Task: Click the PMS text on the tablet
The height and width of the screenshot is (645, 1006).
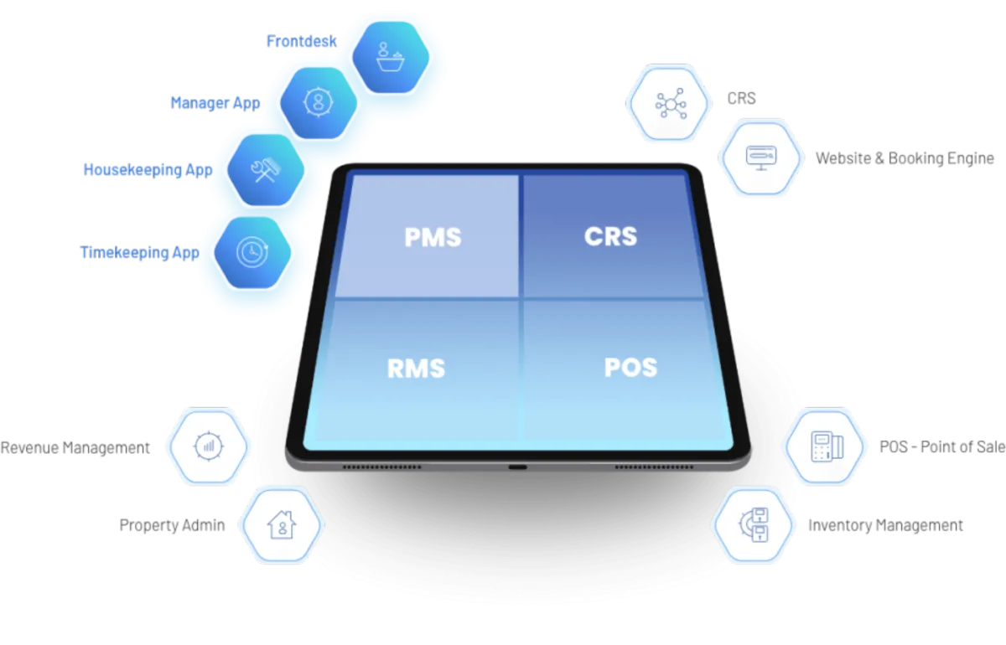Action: point(433,237)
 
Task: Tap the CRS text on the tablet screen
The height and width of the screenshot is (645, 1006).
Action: point(610,236)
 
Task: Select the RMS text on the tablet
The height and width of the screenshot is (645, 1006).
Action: point(416,369)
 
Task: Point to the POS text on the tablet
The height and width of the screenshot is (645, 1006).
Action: point(630,367)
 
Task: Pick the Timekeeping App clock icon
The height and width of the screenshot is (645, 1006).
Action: point(249,251)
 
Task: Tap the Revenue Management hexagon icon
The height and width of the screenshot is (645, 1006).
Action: point(207,446)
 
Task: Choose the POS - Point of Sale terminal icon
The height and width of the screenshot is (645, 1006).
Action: point(824,446)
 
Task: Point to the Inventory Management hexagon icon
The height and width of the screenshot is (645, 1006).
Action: point(753,525)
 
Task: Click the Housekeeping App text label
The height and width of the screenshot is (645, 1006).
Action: point(147,170)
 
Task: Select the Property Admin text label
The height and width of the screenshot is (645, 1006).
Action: point(173,526)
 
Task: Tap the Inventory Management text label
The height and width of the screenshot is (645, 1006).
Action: point(885,526)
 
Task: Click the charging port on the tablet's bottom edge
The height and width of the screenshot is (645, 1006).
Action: point(518,466)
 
